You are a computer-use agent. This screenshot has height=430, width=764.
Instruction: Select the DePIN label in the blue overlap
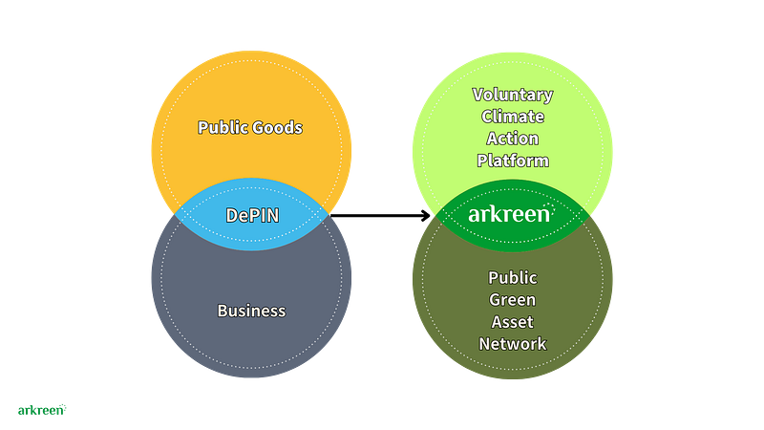click(252, 215)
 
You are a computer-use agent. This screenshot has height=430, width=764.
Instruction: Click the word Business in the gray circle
click(251, 311)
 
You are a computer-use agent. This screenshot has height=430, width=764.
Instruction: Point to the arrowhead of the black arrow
click(425, 215)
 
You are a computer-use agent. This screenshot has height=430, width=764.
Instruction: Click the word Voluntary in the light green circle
click(513, 95)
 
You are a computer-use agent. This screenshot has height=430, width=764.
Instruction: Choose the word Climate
click(513, 117)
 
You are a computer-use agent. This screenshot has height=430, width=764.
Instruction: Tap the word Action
click(513, 139)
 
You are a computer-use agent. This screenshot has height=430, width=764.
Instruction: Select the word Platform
click(513, 161)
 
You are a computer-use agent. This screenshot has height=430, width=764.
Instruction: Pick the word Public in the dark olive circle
click(513, 278)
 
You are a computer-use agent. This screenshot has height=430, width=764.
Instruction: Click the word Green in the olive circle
click(513, 300)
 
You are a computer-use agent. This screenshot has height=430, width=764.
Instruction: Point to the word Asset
click(513, 322)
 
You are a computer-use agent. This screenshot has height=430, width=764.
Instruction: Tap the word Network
click(513, 344)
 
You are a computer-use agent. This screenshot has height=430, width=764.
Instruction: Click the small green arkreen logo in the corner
click(42, 410)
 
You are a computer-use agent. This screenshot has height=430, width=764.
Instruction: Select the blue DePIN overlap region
click(251, 214)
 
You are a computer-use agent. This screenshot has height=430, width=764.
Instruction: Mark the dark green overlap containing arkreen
click(513, 216)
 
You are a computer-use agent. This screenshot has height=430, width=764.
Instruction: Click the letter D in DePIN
click(231, 215)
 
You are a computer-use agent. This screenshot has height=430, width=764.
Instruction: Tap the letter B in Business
click(223, 311)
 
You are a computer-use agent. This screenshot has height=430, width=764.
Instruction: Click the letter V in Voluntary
click(478, 94)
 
